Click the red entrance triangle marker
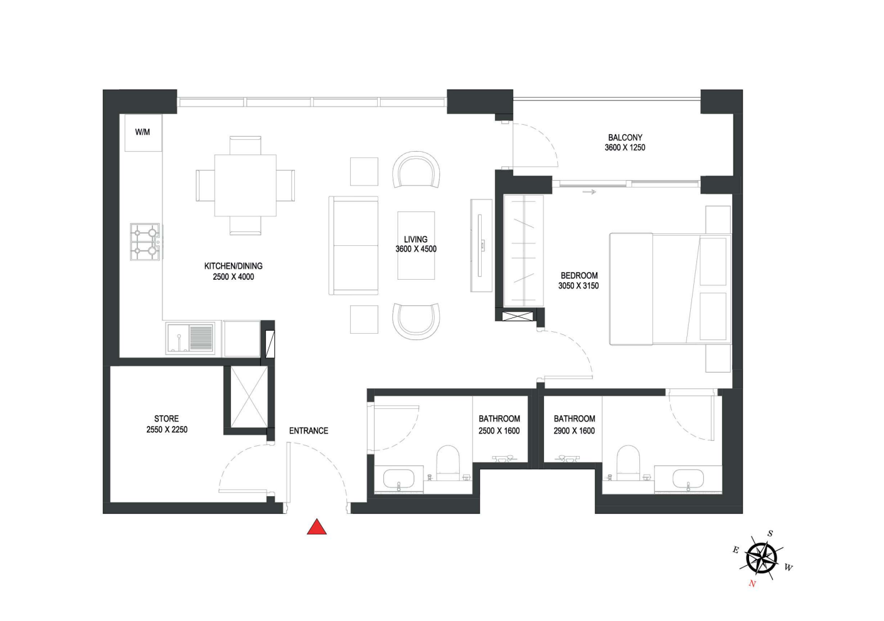point(316,528)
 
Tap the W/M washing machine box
point(143,133)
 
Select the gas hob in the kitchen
point(145,242)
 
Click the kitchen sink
point(190,337)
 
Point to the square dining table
point(245,186)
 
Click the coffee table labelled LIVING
point(416,245)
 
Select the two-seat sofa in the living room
point(354,245)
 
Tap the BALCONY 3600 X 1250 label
point(625,142)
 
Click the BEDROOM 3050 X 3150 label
point(578,280)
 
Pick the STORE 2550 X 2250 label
point(166,424)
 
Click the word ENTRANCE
point(309,431)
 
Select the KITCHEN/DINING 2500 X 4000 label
point(233,272)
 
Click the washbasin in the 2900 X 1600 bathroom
point(688,479)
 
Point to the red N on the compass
point(752,583)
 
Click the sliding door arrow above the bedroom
point(589,192)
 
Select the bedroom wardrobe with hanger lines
point(524,251)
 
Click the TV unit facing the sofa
point(481,245)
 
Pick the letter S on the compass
point(770,533)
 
